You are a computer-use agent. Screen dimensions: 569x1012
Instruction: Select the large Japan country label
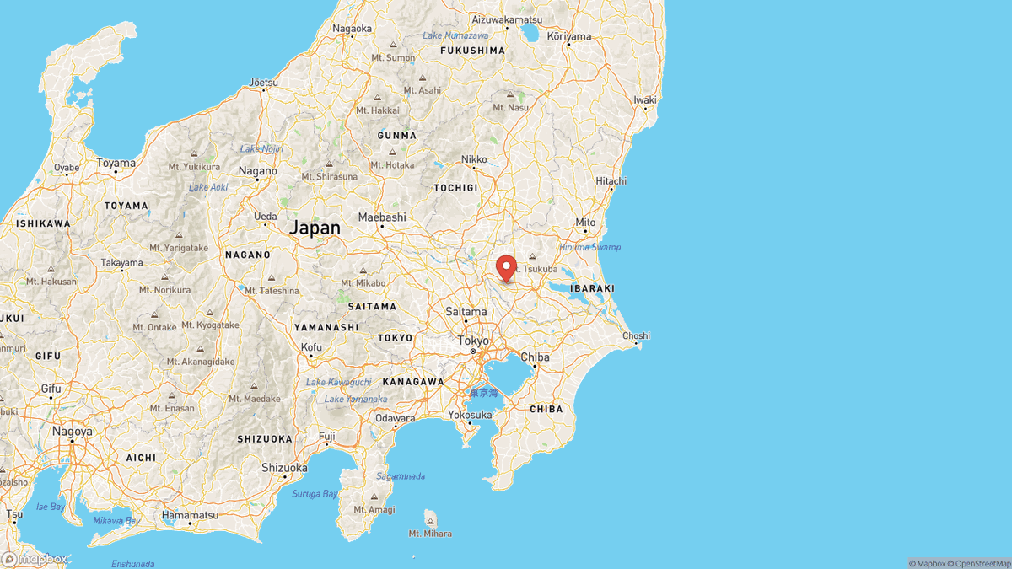[x=315, y=228]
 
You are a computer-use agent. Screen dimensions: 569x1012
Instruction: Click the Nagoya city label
[x=72, y=430]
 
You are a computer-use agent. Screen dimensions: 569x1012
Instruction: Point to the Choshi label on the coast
[x=636, y=336]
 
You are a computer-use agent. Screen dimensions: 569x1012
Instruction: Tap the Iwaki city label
[x=644, y=99]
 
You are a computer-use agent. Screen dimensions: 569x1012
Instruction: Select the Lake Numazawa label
[x=455, y=35]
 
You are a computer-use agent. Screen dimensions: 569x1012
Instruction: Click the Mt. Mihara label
[x=430, y=533]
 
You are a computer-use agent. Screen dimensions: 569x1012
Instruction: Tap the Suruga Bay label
[x=315, y=493]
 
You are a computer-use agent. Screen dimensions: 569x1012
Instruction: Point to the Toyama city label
[x=116, y=163]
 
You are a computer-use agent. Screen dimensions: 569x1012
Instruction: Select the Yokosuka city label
[x=470, y=415]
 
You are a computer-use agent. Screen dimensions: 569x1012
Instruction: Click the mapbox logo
[x=35, y=559]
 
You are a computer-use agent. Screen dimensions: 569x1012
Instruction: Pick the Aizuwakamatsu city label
[x=506, y=19]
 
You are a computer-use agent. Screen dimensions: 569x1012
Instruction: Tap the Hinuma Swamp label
[x=589, y=247]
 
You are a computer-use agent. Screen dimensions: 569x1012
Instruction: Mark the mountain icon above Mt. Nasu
[x=510, y=94]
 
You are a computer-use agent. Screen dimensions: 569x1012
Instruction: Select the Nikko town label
[x=474, y=159]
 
